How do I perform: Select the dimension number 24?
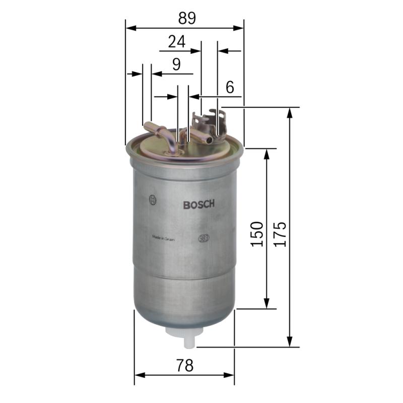176,41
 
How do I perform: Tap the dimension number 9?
176,64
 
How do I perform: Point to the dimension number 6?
230,87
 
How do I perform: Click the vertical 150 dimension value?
257,234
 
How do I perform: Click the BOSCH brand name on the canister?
199,205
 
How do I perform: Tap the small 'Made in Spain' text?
164,239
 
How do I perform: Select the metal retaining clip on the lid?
211,120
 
